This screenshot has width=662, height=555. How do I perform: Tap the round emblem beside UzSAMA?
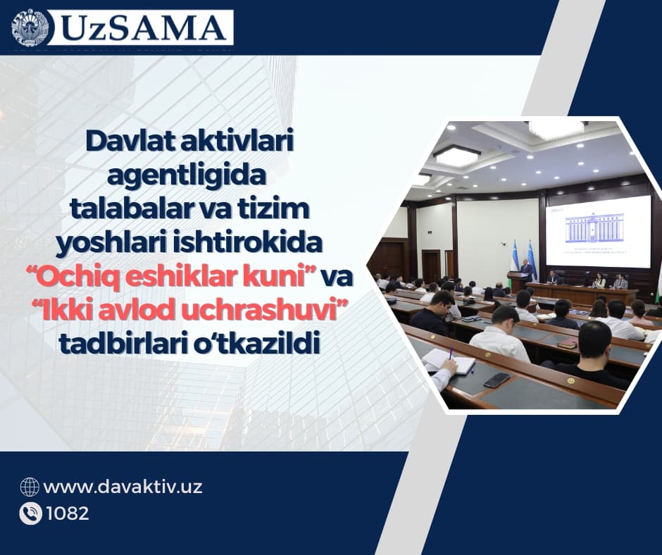click(32, 28)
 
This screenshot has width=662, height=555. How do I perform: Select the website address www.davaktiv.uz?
click(123, 487)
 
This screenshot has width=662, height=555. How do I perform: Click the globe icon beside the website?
click(30, 487)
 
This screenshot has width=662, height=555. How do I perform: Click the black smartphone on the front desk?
click(497, 380)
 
